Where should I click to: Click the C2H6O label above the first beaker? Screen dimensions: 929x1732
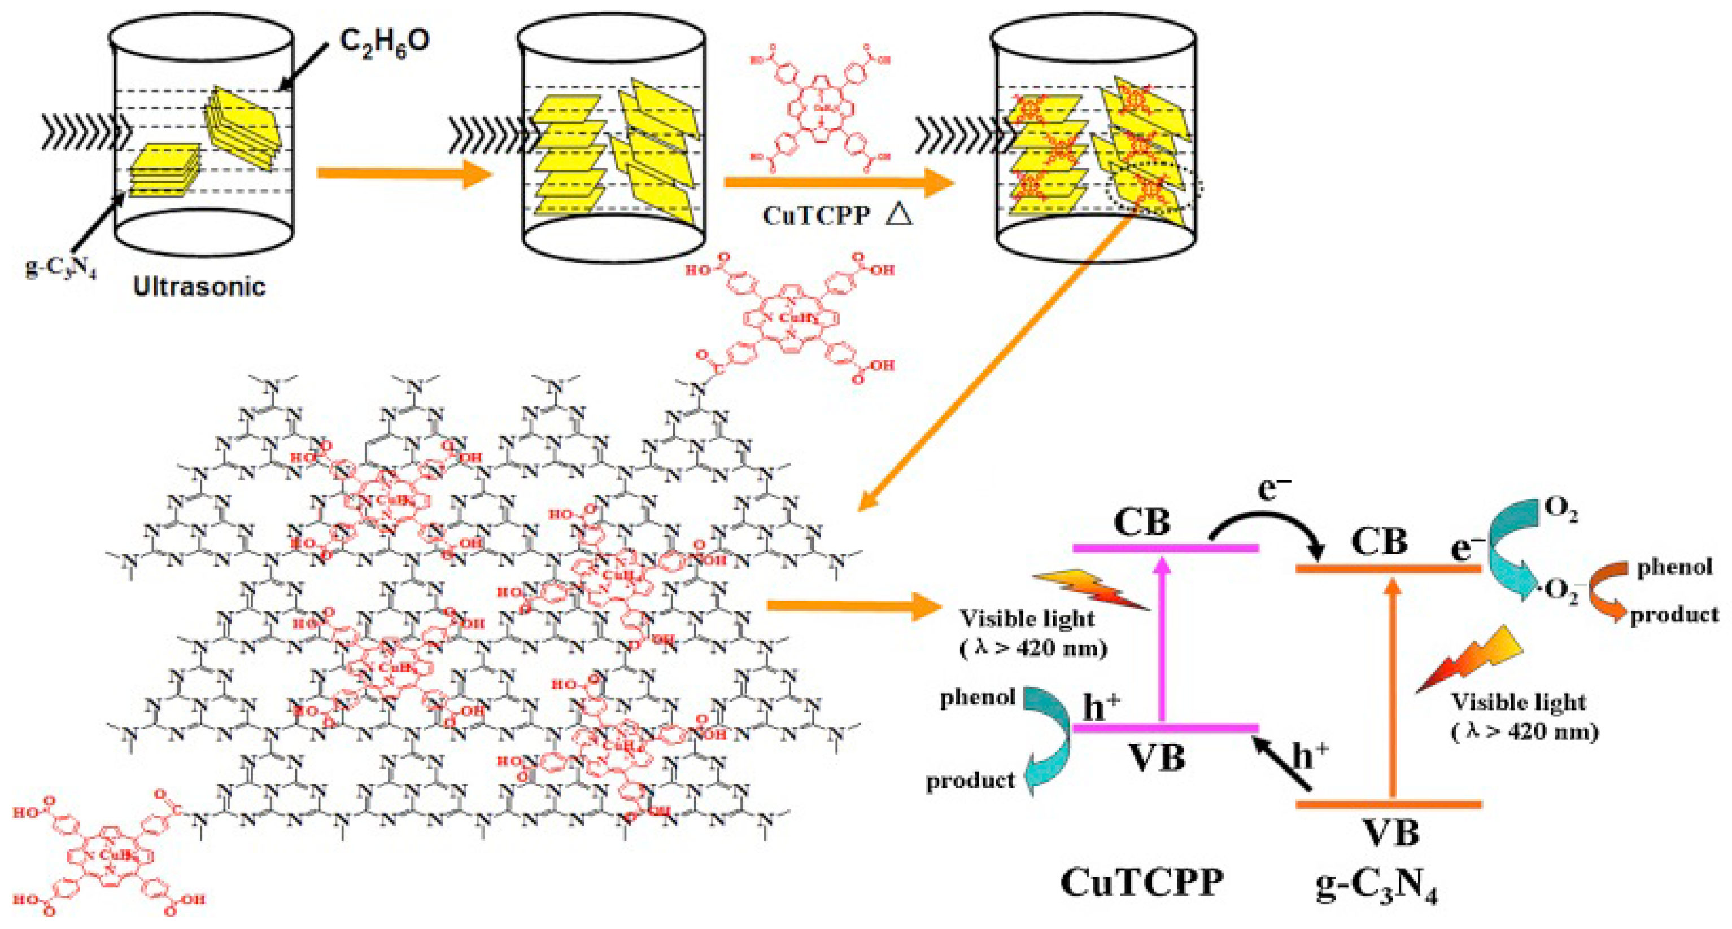click(x=385, y=42)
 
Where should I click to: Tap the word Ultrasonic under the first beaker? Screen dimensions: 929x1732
click(x=199, y=286)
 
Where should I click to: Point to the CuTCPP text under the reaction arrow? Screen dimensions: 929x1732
click(x=816, y=216)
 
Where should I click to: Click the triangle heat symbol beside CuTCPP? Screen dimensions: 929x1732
click(x=899, y=214)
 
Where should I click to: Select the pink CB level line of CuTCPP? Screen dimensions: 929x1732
click(x=1165, y=548)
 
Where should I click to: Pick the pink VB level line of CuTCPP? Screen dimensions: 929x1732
click(x=1165, y=728)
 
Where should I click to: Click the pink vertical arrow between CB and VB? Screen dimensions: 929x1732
click(x=1161, y=638)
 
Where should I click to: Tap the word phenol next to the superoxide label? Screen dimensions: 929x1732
click(x=1674, y=567)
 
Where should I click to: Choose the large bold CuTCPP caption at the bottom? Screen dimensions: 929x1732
click(x=1142, y=882)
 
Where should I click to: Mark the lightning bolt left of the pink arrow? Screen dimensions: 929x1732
click(x=1089, y=589)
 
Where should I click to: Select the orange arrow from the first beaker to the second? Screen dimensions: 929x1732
click(x=403, y=173)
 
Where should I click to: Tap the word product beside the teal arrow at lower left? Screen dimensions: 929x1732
click(x=970, y=781)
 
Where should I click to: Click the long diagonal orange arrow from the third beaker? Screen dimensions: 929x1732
click(x=995, y=370)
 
